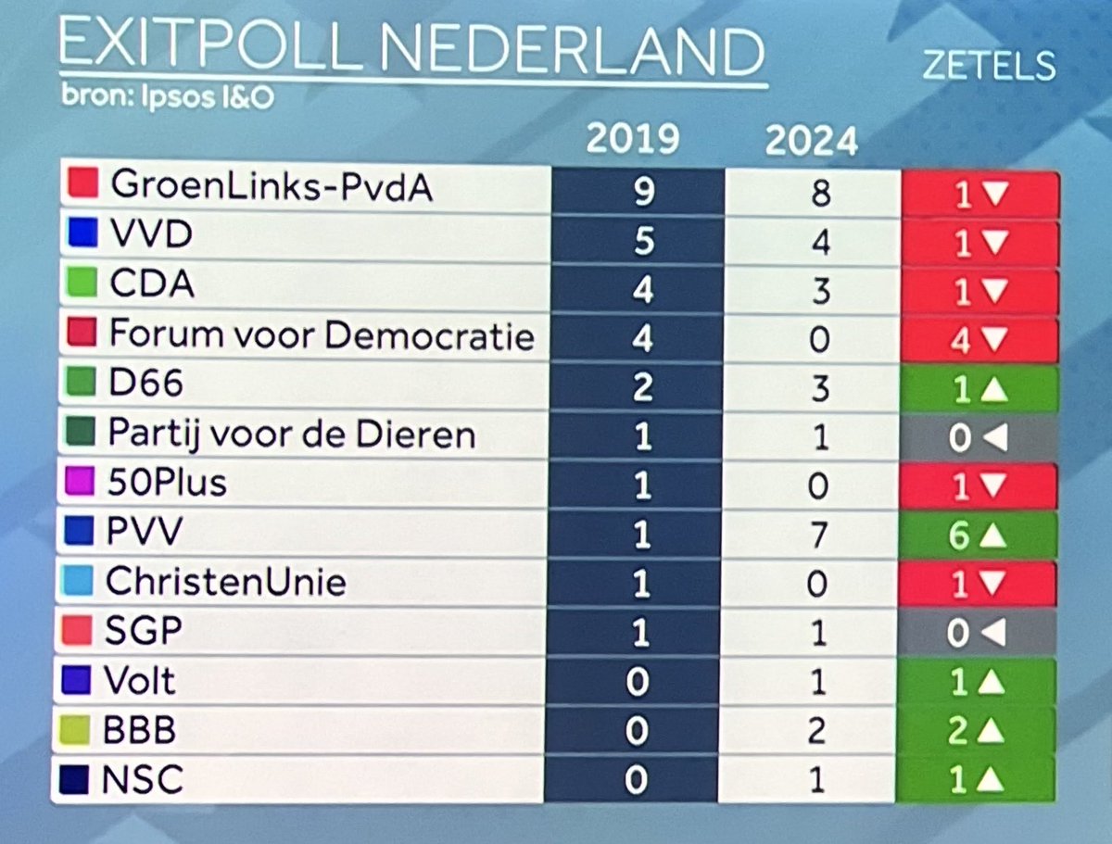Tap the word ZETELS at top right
tap(989, 67)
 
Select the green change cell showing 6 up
tap(978, 534)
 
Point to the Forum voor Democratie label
tap(322, 334)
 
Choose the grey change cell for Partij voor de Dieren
tap(978, 436)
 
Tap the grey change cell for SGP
tap(978, 633)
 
